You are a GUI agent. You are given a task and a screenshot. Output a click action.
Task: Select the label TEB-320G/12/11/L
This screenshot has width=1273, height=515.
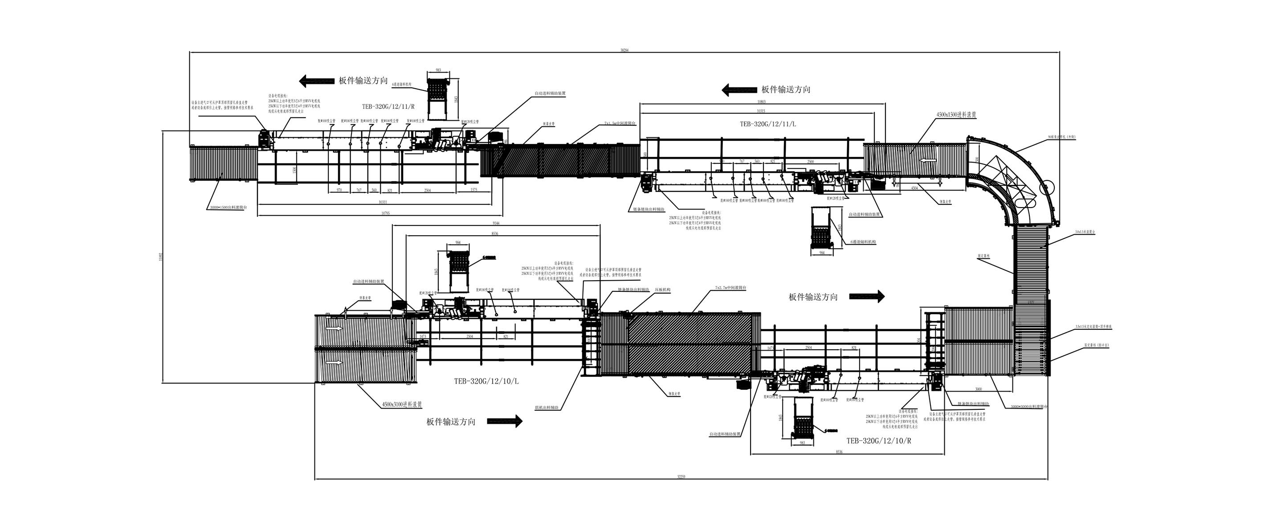point(767,124)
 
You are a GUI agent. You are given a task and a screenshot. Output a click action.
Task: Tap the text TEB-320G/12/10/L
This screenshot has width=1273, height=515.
point(486,381)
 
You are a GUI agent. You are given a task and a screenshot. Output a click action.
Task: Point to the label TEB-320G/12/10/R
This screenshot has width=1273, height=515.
point(879,440)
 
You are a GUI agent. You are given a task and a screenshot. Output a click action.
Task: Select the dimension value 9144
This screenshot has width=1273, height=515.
point(496,223)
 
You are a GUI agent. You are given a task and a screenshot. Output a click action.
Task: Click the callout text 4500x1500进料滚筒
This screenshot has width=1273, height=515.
point(956,114)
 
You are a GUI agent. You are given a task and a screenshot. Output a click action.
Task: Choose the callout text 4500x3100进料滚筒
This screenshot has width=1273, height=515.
point(402,404)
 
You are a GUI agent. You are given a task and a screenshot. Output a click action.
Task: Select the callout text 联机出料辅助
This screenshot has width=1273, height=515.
point(547,408)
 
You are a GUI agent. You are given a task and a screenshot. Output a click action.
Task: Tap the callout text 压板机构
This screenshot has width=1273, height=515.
point(662,290)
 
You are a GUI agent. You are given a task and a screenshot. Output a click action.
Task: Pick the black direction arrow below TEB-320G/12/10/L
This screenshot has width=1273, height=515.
point(505,421)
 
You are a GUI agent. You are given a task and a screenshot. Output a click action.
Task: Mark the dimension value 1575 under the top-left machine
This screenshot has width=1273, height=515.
point(473,190)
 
